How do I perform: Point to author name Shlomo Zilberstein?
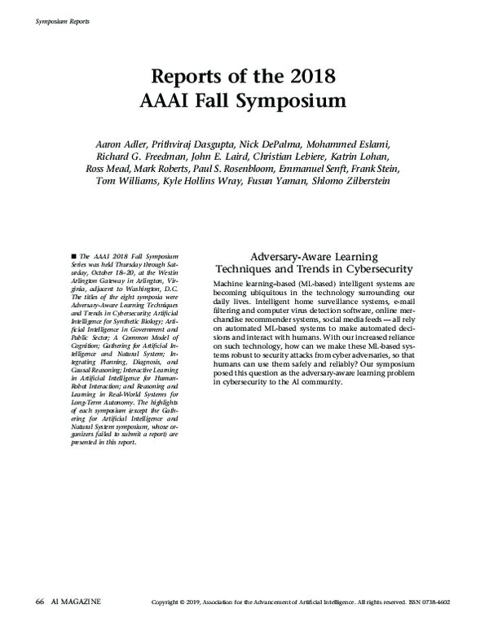358,181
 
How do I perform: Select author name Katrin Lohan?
370,157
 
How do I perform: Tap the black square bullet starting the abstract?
74,256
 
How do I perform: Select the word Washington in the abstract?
148,290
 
